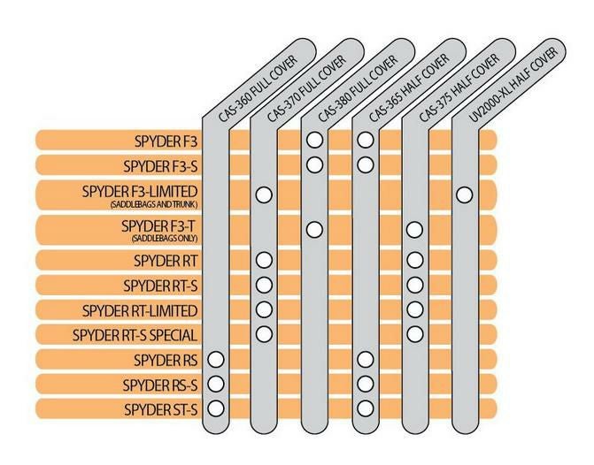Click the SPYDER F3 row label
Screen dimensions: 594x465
pyautogui.click(x=166, y=141)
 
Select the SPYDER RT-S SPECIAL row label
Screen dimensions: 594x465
pyautogui.click(x=135, y=335)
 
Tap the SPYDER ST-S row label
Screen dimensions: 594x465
pyautogui.click(x=160, y=409)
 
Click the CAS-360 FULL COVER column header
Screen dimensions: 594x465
pyautogui.click(x=258, y=89)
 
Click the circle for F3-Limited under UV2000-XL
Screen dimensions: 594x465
pyautogui.click(x=465, y=194)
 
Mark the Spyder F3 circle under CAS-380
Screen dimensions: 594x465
pyautogui.click(x=314, y=140)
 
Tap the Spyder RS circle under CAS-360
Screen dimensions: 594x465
pyautogui.click(x=216, y=360)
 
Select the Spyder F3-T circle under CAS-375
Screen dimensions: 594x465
pyautogui.click(x=414, y=230)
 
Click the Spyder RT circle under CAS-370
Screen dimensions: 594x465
pyautogui.click(x=264, y=260)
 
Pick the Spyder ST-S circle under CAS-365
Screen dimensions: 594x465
pyautogui.click(x=366, y=408)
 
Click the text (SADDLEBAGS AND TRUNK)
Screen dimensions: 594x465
pyautogui.click(x=154, y=205)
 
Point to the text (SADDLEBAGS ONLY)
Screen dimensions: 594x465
pyautogui.click(x=165, y=239)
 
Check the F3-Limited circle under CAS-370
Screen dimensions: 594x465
pyautogui.click(x=264, y=194)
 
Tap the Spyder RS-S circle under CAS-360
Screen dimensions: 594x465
pyautogui.click(x=216, y=384)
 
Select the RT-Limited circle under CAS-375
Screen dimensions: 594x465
pyautogui.click(x=415, y=309)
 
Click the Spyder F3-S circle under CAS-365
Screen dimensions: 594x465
pyautogui.click(x=366, y=164)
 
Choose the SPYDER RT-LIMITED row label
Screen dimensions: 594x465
pyautogui.click(x=140, y=310)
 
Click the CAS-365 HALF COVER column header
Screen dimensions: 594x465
pyautogui.click(x=409, y=88)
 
